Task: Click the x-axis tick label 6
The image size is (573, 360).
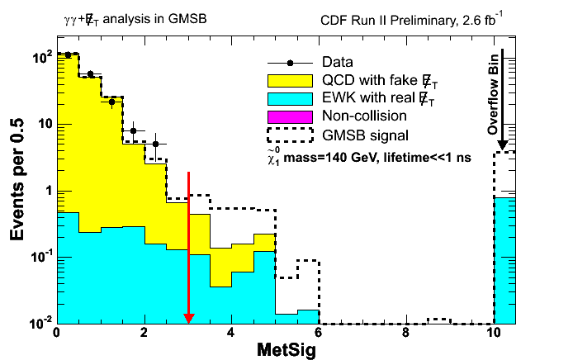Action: [x=319, y=334]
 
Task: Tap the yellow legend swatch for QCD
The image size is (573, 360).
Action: [x=290, y=80]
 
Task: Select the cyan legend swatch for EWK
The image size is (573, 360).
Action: [x=290, y=97]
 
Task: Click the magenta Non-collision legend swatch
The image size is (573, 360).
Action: [x=290, y=115]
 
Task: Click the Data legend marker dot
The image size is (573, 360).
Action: [x=290, y=63]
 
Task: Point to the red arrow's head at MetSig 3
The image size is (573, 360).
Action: [x=188, y=318]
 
